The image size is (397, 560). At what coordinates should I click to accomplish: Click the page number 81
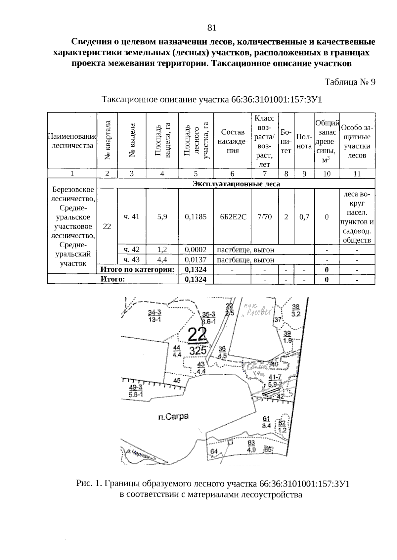click(212, 28)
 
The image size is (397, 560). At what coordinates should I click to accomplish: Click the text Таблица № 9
click(350, 82)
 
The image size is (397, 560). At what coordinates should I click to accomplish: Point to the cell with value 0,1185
click(196, 217)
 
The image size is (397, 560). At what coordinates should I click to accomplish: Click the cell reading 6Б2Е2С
click(233, 217)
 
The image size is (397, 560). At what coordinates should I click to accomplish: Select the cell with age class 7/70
click(265, 217)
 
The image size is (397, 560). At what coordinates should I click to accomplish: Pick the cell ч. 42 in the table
click(132, 250)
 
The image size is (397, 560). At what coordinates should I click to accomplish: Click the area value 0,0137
click(196, 260)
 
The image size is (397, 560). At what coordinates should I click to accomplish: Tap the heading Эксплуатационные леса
click(236, 184)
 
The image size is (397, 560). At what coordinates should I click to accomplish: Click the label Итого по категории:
click(137, 269)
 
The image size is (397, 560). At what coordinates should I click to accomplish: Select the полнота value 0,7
click(304, 217)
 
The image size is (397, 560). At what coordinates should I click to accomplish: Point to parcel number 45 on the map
click(177, 381)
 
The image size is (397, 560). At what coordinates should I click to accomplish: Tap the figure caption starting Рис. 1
click(212, 484)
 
